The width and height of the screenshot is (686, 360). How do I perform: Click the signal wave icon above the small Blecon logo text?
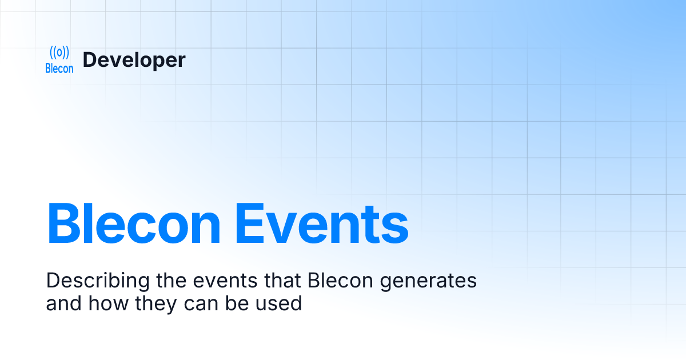point(59,53)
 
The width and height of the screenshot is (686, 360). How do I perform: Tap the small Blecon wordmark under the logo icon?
point(59,69)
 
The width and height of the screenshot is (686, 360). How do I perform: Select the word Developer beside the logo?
point(134,60)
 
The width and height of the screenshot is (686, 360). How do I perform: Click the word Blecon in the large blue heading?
point(133,222)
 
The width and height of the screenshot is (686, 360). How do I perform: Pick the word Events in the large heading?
point(322,222)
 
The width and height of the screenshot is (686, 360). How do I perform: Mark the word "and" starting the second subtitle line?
point(63,303)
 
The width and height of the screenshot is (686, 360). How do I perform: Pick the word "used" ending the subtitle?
point(280,303)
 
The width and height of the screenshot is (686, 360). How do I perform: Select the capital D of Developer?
point(89,60)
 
